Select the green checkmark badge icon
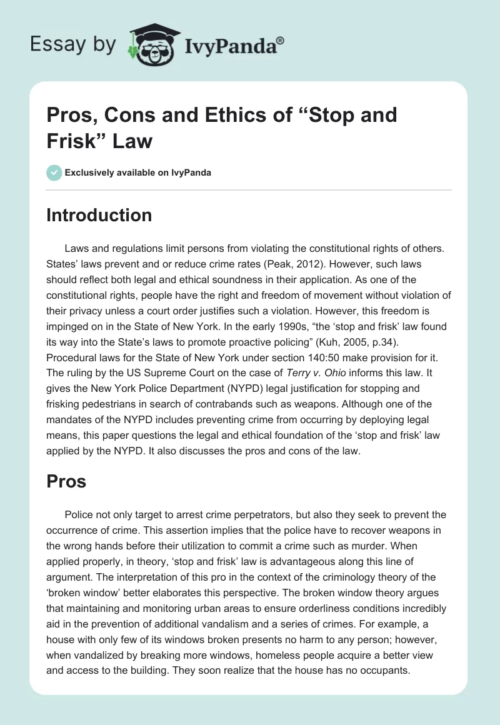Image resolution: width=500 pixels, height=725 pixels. click(54, 172)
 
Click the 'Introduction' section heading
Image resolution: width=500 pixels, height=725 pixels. click(99, 215)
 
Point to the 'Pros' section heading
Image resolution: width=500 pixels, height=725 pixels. click(66, 481)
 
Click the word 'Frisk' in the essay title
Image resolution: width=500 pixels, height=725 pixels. click(76, 141)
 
